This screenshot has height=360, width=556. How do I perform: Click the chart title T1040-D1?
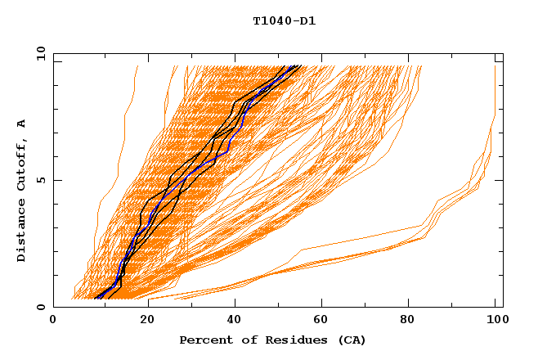284,21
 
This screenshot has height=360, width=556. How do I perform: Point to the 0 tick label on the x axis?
53,322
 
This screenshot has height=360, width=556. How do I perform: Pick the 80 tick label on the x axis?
413,322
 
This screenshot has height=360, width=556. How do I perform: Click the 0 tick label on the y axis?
41,307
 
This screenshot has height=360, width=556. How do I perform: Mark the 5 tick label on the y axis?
41,180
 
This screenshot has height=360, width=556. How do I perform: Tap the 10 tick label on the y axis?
39,54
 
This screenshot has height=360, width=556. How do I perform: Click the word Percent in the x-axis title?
204,340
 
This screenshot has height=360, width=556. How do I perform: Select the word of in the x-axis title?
245,340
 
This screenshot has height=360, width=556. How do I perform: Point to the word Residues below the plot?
290,340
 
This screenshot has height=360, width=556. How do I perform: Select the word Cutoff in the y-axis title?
21,164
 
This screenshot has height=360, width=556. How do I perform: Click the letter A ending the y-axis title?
21,123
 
